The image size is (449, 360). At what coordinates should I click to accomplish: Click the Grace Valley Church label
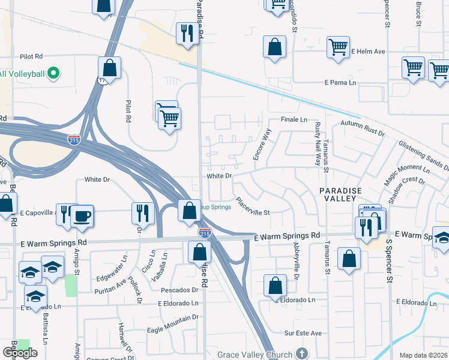tap(255, 354)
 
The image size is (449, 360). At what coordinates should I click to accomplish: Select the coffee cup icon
tap(82, 217)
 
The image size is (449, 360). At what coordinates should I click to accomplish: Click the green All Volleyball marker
tap(53, 74)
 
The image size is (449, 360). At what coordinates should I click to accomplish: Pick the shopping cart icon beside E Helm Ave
tap(339, 47)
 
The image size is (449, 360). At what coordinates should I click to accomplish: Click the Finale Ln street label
tap(295, 120)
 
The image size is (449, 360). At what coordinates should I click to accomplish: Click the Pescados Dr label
tap(178, 290)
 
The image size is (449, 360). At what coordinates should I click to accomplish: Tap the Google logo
tap(20, 353)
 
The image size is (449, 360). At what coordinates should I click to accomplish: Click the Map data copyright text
tap(424, 355)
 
